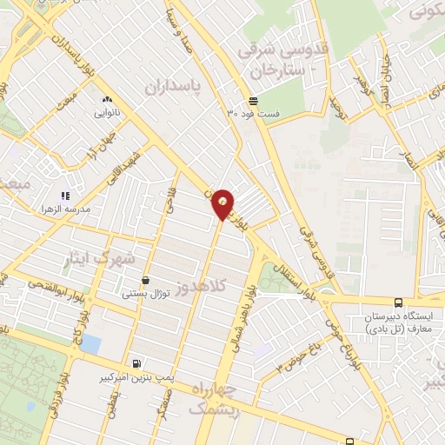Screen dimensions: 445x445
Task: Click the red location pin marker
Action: pyautogui.click(x=223, y=203)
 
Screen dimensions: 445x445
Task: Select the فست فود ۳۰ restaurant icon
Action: pyautogui.click(x=251, y=100)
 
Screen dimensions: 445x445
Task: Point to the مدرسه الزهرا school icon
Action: pyautogui.click(x=65, y=196)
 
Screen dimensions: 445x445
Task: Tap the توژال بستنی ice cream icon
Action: pyautogui.click(x=144, y=280)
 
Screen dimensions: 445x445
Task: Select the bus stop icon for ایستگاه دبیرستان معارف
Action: pyautogui.click(x=397, y=303)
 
